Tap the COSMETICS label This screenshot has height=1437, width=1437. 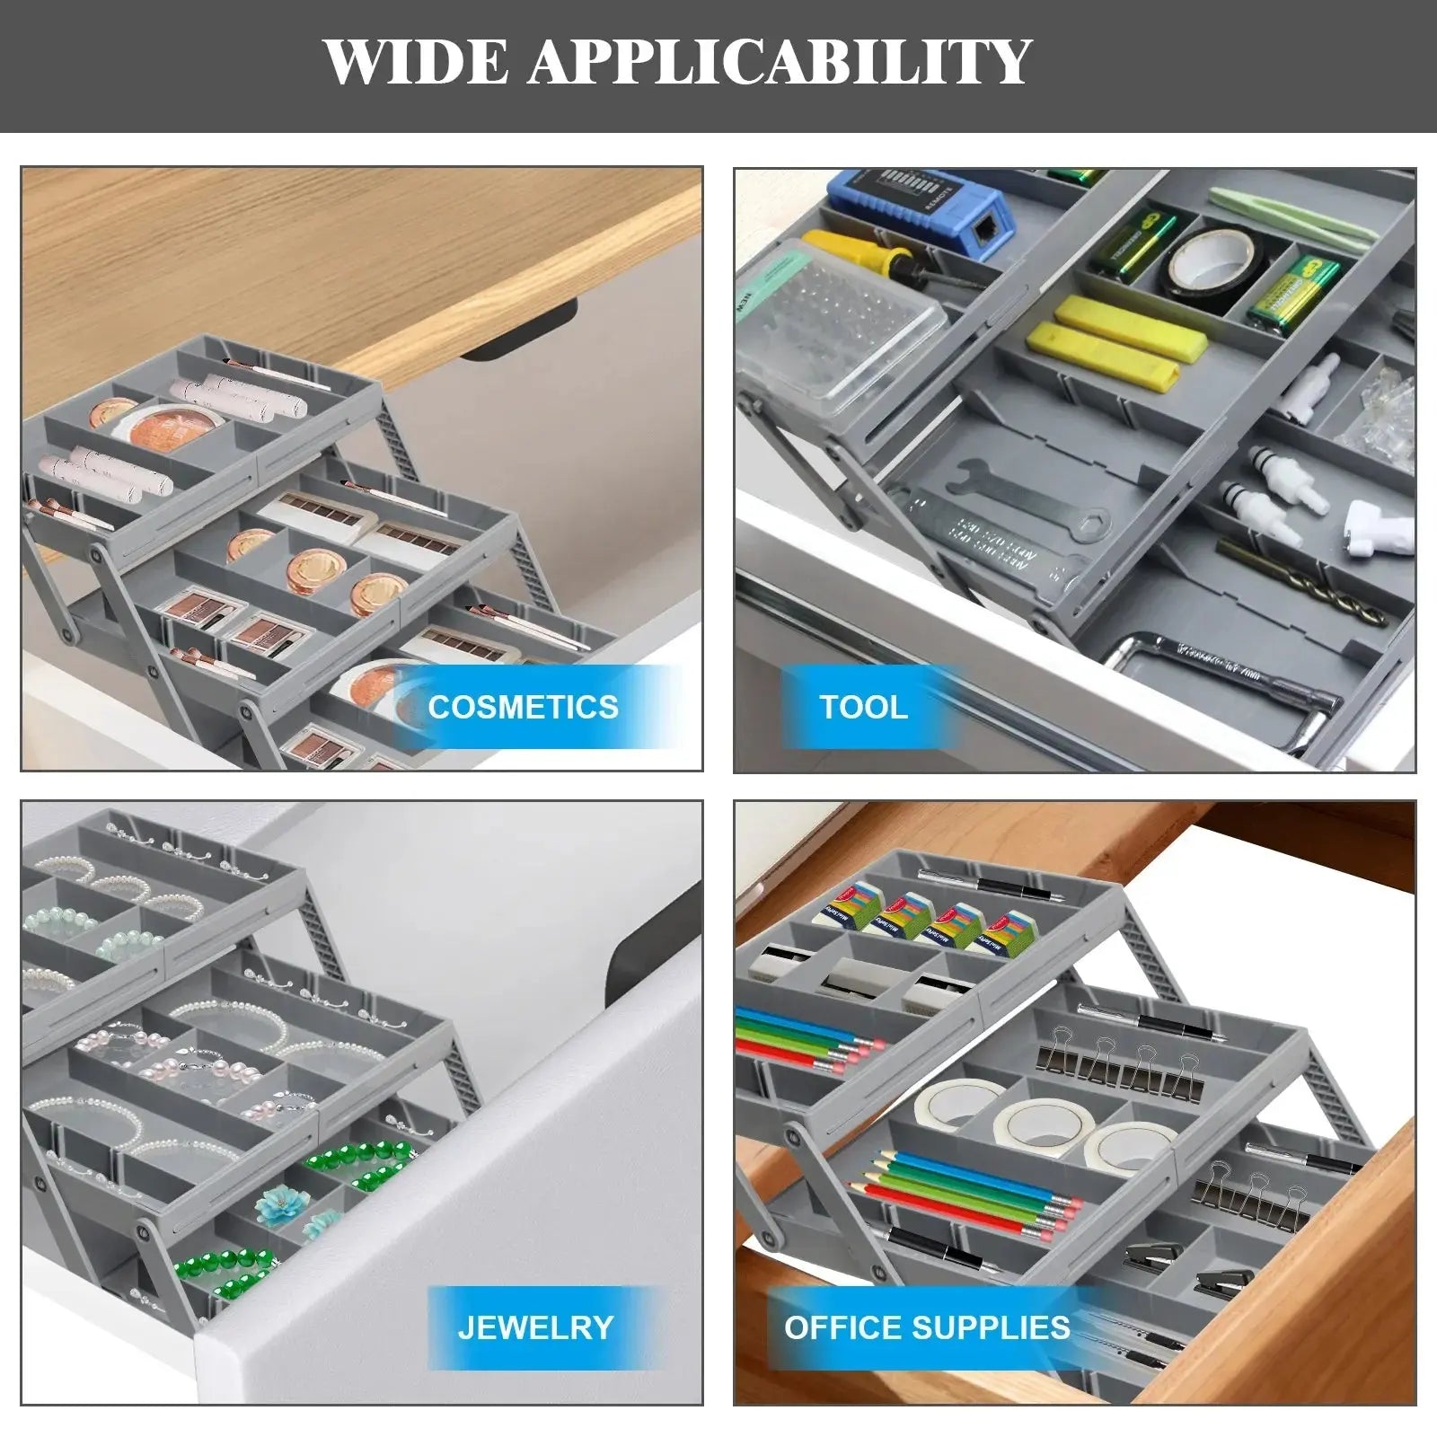coord(523,707)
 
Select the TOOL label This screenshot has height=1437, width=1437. coord(863,707)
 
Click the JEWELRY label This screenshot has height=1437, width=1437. coord(535,1327)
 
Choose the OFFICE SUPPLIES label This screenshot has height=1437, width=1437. coord(927,1327)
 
